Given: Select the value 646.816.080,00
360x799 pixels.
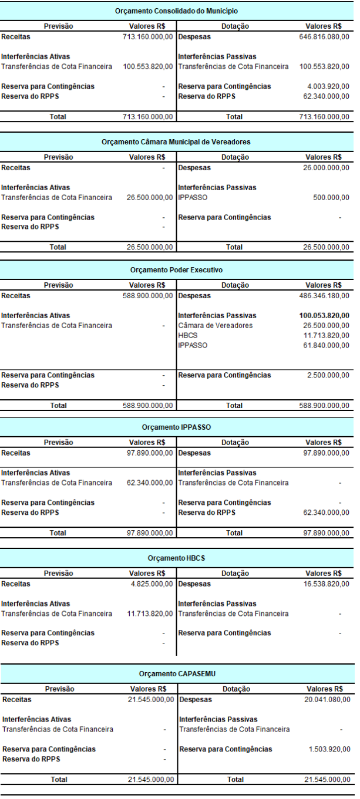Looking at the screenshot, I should (324, 36).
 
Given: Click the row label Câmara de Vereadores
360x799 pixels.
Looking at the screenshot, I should (207, 325).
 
